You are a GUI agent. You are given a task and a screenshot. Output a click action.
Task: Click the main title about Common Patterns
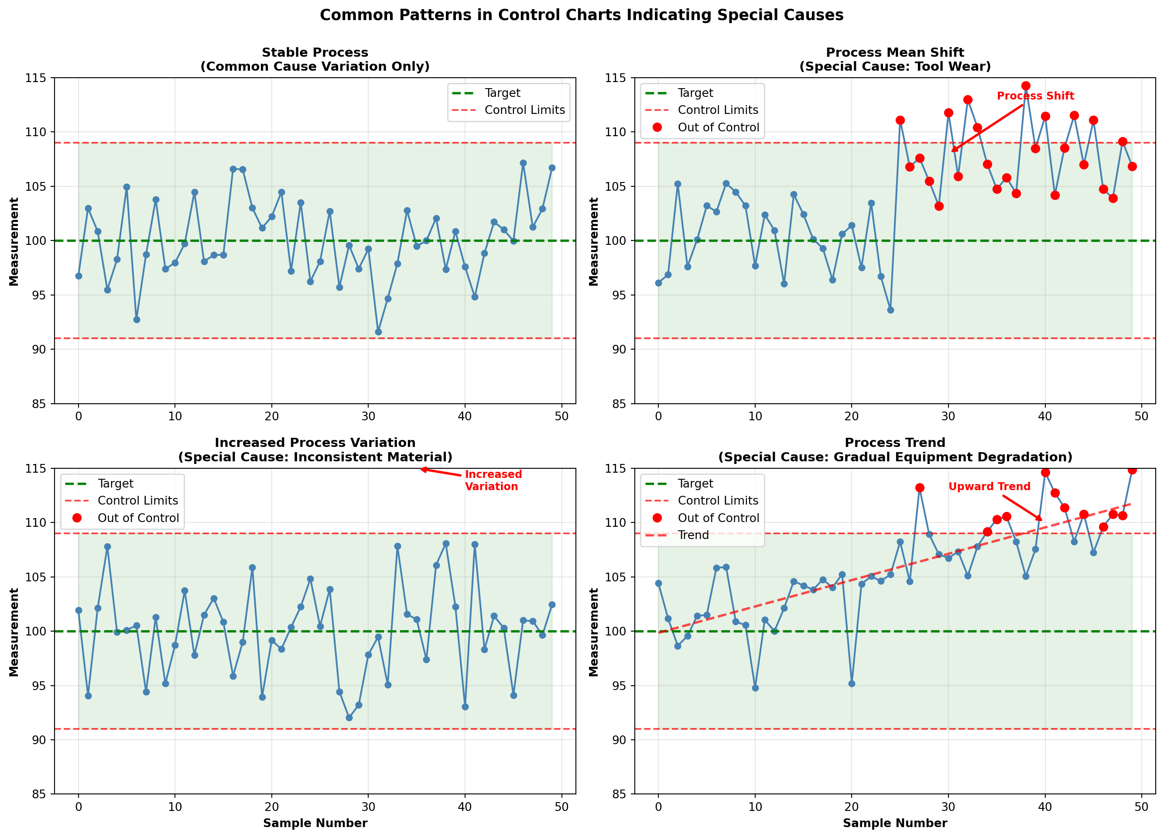click(x=582, y=15)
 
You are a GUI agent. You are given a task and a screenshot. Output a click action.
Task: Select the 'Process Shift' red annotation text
click(x=1035, y=96)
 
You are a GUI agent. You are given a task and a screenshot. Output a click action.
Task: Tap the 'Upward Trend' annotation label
click(x=989, y=486)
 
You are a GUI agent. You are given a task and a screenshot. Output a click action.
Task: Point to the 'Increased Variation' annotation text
click(x=493, y=480)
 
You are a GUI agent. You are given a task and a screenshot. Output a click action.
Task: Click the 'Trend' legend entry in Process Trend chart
click(x=693, y=535)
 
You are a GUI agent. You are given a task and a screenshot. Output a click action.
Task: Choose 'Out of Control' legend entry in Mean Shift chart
click(x=718, y=127)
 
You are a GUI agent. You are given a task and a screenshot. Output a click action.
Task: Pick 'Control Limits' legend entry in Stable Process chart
click(x=524, y=110)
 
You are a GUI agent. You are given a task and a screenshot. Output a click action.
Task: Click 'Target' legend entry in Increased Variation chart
click(x=116, y=483)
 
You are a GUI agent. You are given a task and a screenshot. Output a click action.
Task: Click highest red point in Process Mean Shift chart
click(x=1025, y=86)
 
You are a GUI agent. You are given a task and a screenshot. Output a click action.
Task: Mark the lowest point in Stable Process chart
click(x=378, y=332)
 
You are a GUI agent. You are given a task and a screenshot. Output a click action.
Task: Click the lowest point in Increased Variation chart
click(x=349, y=718)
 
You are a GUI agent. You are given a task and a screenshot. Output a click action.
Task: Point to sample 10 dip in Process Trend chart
click(x=755, y=687)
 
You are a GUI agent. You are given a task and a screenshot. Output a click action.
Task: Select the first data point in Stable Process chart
click(x=79, y=276)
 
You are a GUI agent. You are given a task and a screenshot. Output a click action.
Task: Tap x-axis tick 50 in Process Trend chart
click(x=1141, y=807)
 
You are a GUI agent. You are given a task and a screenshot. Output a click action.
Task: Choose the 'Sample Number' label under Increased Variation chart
click(x=315, y=823)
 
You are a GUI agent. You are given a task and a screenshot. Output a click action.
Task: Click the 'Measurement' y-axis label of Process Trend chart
click(x=593, y=632)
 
